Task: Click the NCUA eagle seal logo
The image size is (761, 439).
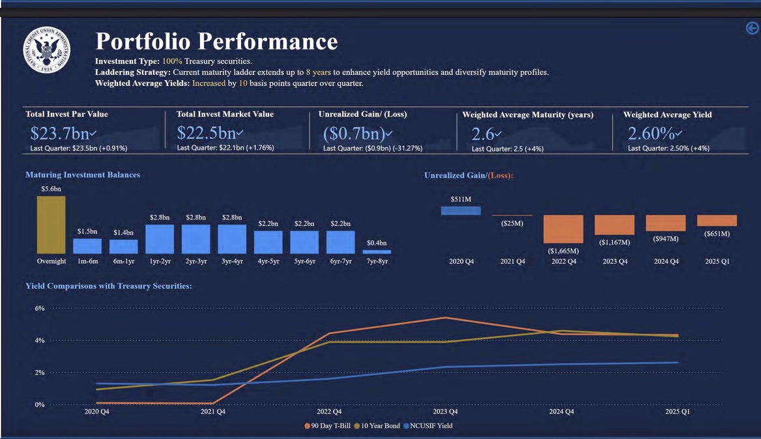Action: click(46, 50)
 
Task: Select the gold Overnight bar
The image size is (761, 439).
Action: click(51, 225)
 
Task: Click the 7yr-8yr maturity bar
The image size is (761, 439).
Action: click(377, 251)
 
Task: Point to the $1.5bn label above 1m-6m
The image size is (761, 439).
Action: click(87, 231)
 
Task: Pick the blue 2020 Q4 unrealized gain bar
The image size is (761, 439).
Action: click(461, 210)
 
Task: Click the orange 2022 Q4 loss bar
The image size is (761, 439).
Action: click(563, 229)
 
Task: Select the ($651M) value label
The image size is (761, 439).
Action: click(717, 234)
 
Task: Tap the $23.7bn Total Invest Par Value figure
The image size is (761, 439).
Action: click(60, 133)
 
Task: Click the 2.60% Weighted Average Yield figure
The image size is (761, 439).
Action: click(650, 133)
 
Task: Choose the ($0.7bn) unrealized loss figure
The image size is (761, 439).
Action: click(354, 134)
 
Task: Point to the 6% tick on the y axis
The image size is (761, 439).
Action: click(40, 309)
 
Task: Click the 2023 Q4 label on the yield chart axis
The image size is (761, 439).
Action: click(445, 412)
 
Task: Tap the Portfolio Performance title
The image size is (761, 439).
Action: click(216, 42)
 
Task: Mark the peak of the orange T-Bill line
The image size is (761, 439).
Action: click(445, 318)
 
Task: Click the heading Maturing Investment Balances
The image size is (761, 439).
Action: click(83, 175)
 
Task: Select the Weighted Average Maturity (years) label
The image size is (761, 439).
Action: click(528, 115)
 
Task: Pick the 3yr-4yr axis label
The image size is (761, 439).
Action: click(232, 261)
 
